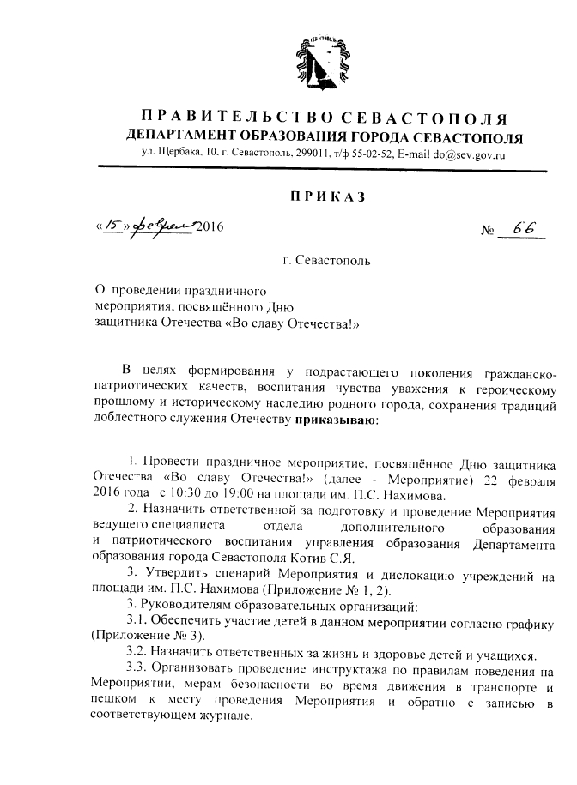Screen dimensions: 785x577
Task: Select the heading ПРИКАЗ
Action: click(329, 196)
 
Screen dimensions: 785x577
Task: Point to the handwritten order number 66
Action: click(518, 229)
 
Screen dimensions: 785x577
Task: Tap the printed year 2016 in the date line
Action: click(209, 227)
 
